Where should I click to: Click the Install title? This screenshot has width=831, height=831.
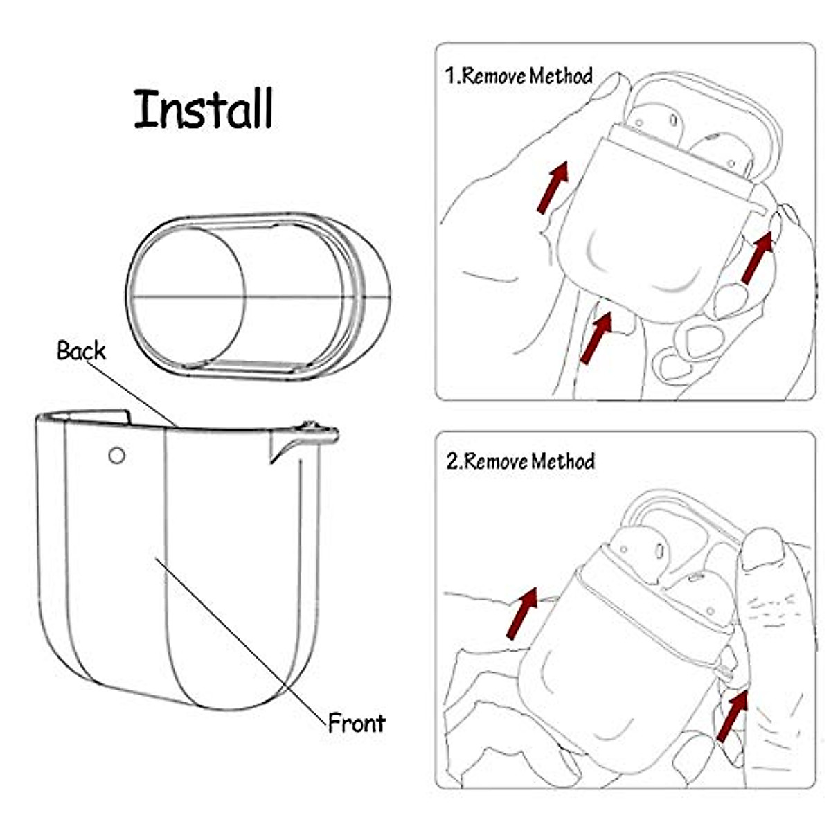click(x=204, y=109)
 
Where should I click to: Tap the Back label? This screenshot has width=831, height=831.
click(x=81, y=351)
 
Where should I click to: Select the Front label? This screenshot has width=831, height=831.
click(x=356, y=722)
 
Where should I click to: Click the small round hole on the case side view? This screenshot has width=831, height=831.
click(x=117, y=455)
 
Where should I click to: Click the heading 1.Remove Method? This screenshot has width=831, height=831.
click(x=519, y=75)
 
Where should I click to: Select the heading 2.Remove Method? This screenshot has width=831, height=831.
click(x=520, y=461)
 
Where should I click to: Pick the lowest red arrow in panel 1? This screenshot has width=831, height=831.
click(x=596, y=337)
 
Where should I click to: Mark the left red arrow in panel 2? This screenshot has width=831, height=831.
click(x=522, y=613)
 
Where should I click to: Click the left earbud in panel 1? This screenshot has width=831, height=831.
click(x=657, y=125)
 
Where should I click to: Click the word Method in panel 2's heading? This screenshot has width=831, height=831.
click(x=563, y=461)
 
